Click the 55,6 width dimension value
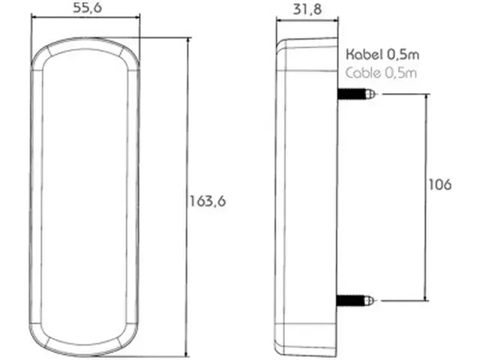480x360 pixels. [87, 8]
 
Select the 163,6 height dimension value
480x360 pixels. [208, 202]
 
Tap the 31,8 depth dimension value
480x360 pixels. [307, 9]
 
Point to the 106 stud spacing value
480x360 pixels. [440, 184]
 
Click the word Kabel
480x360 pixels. [364, 55]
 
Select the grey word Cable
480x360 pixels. [363, 73]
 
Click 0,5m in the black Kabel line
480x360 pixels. [403, 55]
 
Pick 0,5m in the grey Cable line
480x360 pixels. [401, 73]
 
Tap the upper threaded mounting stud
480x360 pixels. [356, 94]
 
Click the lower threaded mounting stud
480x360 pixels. [355, 300]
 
